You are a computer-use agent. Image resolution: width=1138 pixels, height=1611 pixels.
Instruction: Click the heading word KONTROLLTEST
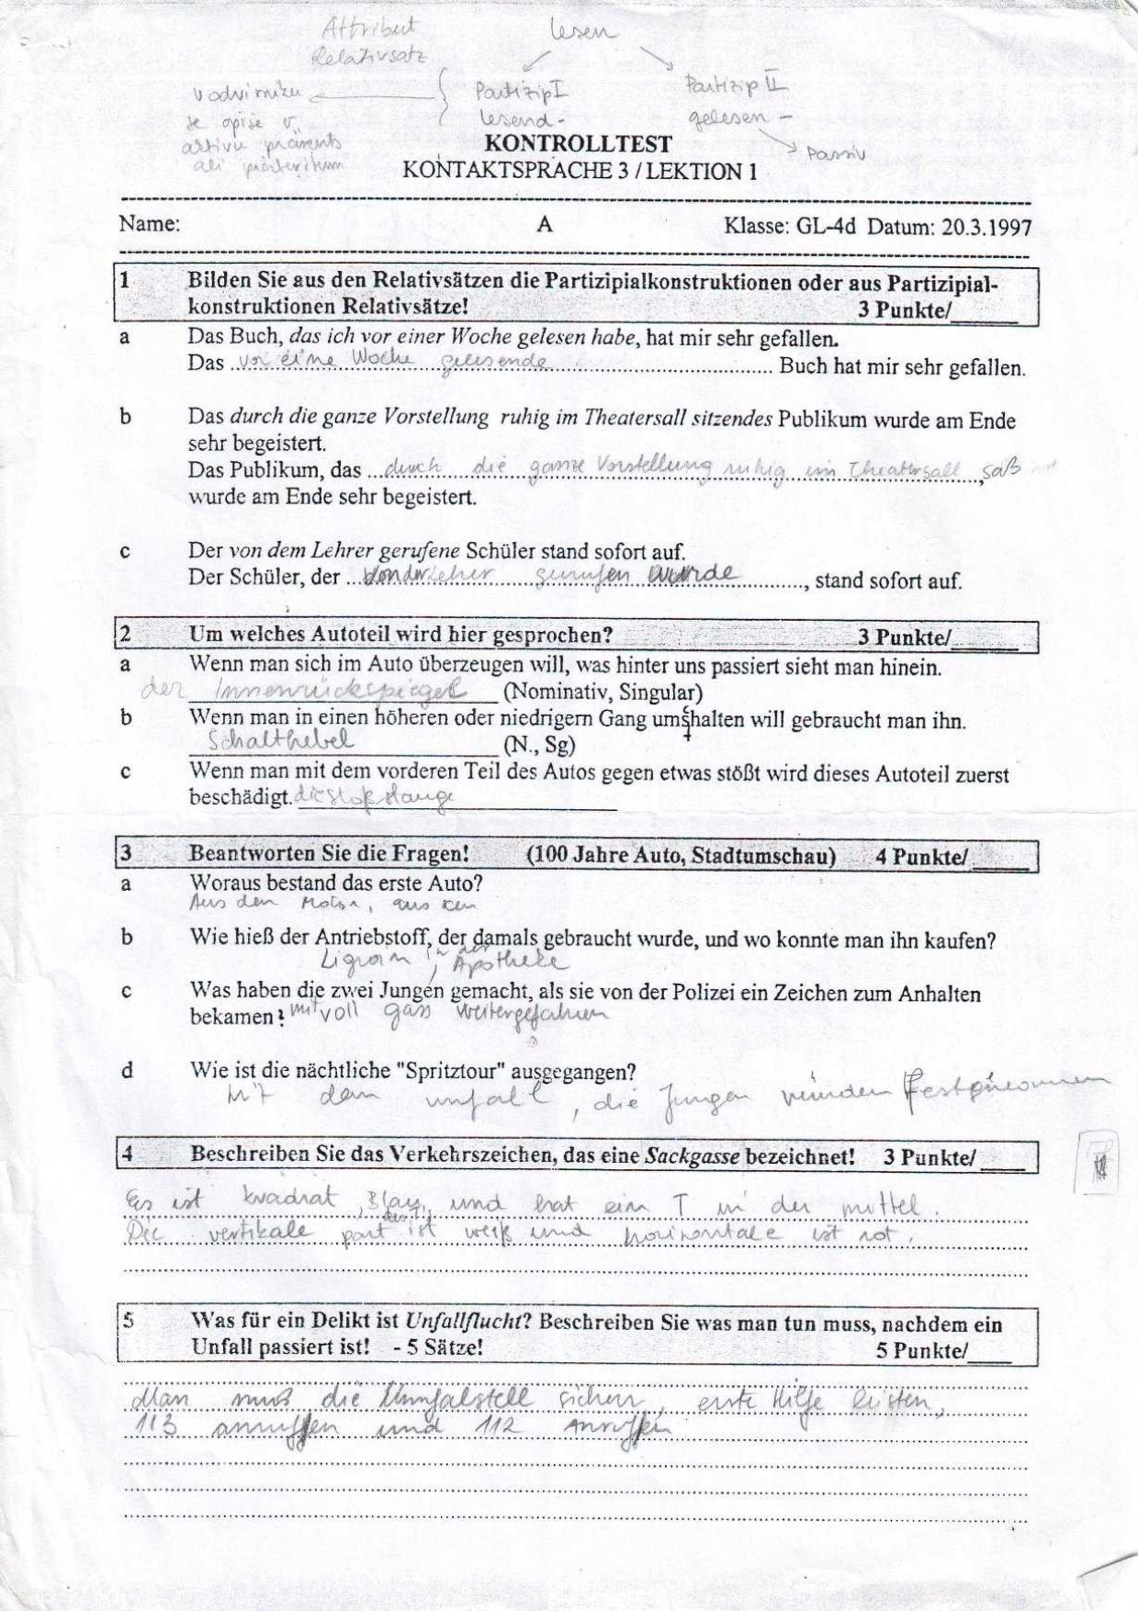tap(578, 145)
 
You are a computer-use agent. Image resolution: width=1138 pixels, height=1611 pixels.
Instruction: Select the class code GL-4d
tap(822, 226)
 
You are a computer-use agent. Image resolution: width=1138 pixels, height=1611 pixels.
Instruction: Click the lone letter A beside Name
tap(545, 225)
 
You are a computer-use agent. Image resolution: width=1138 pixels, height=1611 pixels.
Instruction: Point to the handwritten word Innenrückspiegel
tap(339, 691)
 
